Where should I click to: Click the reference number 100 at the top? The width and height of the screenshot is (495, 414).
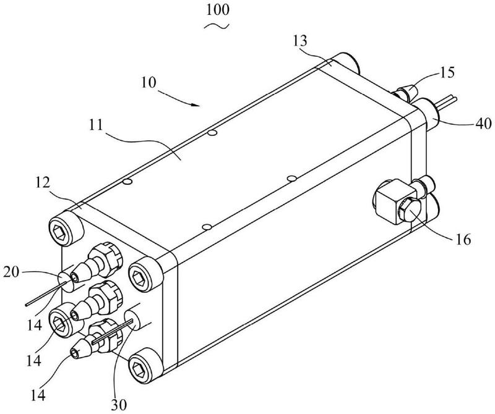click(x=218, y=9)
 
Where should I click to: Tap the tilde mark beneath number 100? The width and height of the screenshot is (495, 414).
click(x=216, y=27)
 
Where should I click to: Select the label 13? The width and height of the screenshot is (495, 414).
click(x=299, y=41)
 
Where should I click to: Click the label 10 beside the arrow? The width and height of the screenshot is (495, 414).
click(x=148, y=82)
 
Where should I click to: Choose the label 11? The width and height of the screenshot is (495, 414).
click(x=96, y=125)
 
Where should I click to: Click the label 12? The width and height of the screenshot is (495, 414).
click(x=43, y=183)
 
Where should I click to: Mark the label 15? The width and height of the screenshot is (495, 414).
click(x=447, y=72)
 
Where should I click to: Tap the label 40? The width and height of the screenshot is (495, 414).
click(x=483, y=124)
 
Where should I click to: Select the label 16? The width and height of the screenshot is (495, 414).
click(x=463, y=240)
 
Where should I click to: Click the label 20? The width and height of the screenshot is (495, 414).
click(x=11, y=272)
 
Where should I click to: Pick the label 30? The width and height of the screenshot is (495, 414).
click(x=119, y=404)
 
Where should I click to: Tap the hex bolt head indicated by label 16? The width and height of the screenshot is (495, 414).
click(x=410, y=209)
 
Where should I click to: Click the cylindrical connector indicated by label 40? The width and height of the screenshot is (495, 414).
click(x=427, y=114)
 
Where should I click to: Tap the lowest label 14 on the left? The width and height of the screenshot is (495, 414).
click(x=38, y=395)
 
